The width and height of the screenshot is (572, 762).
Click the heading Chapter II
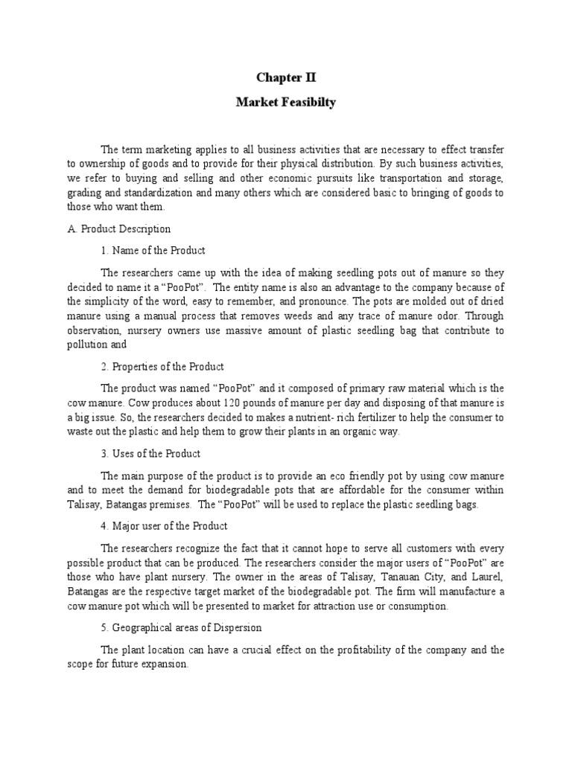[286, 77]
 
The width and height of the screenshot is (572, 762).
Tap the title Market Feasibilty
[286, 103]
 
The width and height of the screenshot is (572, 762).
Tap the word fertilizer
[366, 417]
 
